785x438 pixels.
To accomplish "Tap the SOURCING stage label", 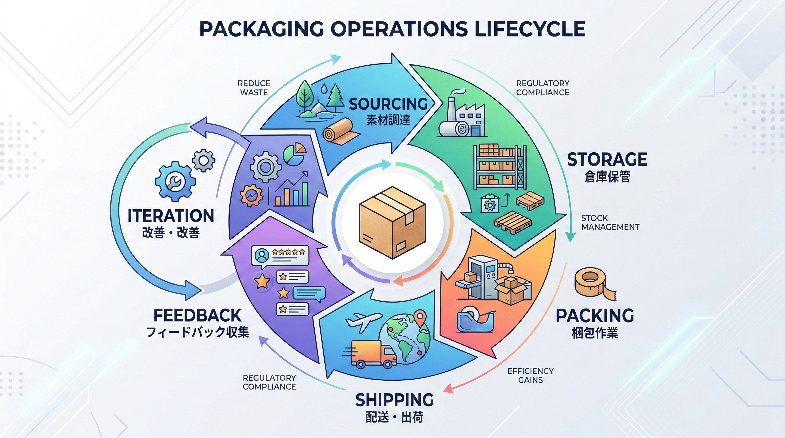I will [x=388, y=104].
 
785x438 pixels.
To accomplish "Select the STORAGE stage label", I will [x=607, y=160].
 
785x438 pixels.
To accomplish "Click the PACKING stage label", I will [x=595, y=316].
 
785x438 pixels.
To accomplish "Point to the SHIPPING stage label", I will [x=394, y=400].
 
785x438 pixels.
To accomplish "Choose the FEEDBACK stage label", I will [x=197, y=316].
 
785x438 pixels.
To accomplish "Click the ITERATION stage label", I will [x=171, y=216].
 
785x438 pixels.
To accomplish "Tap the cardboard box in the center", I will [x=392, y=222].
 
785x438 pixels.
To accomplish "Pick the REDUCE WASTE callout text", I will [x=254, y=88].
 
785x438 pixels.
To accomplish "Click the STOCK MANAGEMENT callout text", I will [x=610, y=223].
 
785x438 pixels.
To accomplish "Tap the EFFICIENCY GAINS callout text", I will [x=530, y=376].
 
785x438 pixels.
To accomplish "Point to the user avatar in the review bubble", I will [x=262, y=255].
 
